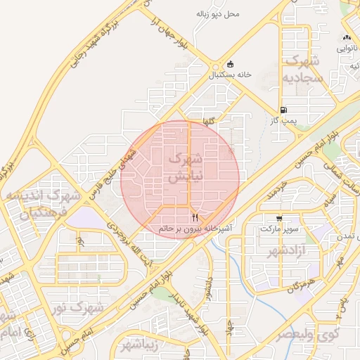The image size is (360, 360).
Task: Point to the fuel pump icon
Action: pos(283,110)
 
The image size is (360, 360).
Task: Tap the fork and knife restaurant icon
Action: pos(195,218)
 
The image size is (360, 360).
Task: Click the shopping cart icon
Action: pos(280,219)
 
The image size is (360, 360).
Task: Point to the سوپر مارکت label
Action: pos(279,229)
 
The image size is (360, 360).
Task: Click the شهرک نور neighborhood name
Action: pos(79,307)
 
